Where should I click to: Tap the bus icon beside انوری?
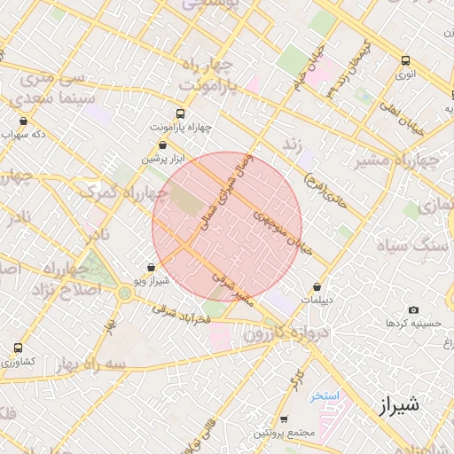tap(405, 61)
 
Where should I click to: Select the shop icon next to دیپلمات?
tap(317, 286)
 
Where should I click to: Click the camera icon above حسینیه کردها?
tap(413, 309)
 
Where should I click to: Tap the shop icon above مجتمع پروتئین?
tap(284, 419)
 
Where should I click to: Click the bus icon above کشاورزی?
tap(19, 348)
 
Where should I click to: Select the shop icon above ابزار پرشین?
tap(162, 145)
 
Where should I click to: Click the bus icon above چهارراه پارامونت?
tap(180, 113)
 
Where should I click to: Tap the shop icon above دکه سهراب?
tap(23, 121)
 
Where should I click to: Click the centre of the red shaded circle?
tap(227, 227)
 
